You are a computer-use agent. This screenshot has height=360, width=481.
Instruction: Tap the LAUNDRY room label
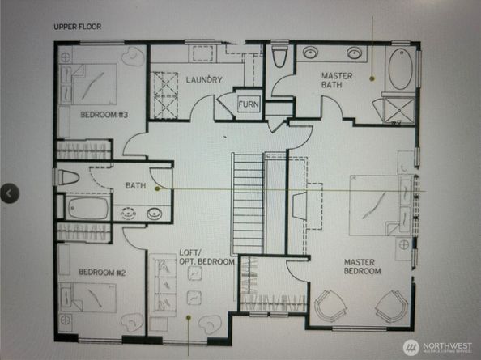204,80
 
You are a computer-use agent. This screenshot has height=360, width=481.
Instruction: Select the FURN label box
248,105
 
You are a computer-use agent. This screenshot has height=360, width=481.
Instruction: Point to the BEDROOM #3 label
104,115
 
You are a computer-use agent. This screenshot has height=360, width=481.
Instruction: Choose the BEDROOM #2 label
102,273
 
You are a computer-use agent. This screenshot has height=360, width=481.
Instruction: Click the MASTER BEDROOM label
362,266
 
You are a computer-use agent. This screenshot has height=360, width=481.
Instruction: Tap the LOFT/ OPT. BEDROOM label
206,258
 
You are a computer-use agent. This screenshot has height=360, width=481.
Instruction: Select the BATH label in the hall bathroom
134,186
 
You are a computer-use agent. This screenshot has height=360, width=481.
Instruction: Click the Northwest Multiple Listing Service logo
437,347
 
